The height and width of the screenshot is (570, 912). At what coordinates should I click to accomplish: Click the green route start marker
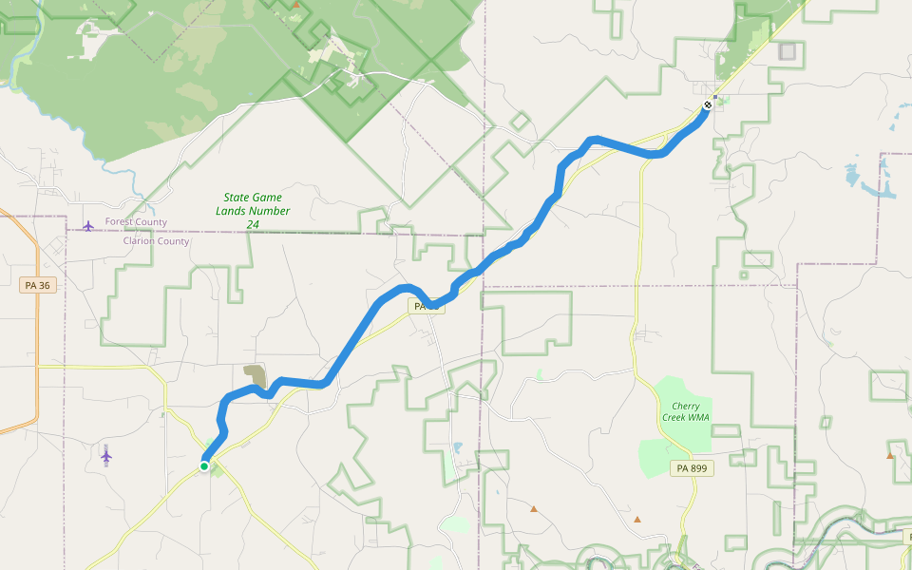204,466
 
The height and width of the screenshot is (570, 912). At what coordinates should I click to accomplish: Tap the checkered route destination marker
708,104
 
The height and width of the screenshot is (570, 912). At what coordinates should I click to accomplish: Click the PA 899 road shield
692,468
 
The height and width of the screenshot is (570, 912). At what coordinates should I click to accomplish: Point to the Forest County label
136,222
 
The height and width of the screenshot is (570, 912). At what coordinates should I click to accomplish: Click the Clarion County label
156,241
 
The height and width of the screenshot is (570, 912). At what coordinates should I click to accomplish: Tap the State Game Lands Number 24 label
253,211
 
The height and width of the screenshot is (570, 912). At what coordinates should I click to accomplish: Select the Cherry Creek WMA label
685,411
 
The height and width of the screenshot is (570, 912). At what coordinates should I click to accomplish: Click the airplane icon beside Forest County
88,225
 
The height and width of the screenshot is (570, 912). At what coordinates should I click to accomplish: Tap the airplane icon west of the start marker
106,457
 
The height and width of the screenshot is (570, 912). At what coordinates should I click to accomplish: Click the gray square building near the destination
787,51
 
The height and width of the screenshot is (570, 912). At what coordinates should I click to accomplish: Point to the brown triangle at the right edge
890,456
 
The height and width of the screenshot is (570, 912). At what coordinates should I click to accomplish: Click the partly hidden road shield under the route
427,306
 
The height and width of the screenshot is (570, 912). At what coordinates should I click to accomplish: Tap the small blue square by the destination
715,96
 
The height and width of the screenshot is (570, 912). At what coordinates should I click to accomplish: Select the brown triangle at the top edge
296,4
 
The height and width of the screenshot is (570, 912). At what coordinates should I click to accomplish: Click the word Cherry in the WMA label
685,406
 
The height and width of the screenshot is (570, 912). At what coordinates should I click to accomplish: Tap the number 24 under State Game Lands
253,224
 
